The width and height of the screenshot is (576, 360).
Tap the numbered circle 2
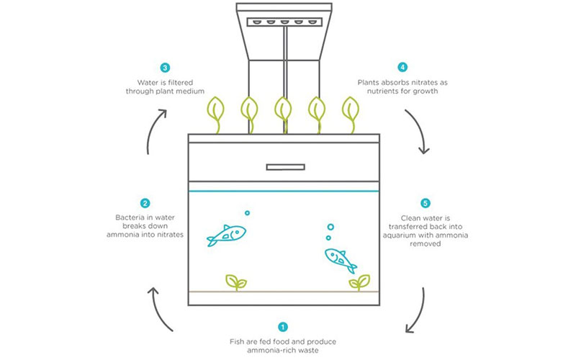(x=145, y=204)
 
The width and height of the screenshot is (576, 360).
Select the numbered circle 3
(x=166, y=68)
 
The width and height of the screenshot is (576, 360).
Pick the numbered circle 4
(x=402, y=68)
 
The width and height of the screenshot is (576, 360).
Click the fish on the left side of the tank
(x=226, y=235)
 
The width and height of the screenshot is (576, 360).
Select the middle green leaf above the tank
(x=283, y=110)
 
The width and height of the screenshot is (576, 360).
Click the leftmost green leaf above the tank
(x=215, y=110)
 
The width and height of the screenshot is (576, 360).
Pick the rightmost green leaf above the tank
(x=351, y=110)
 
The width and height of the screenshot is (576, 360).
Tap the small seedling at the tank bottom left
(x=236, y=281)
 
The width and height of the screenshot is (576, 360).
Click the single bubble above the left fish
(x=247, y=213)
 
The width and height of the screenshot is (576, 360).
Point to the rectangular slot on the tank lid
(x=286, y=168)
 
